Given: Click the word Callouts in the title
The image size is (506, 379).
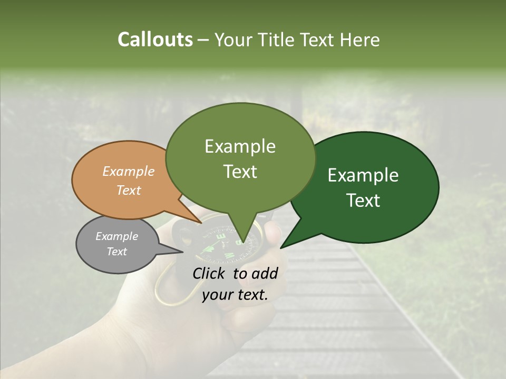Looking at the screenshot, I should pyautogui.click(x=155, y=39).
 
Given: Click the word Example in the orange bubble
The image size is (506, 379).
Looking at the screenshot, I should pyautogui.click(x=129, y=172).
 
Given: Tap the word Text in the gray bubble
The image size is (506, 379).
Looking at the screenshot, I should pyautogui.click(x=117, y=252).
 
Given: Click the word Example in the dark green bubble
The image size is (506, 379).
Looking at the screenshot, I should pyautogui.click(x=363, y=175).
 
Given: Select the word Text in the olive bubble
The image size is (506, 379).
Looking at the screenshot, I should pyautogui.click(x=240, y=172).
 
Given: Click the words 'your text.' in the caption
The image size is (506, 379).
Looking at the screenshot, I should pyautogui.click(x=235, y=295).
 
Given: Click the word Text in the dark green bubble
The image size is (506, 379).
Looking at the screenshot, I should pyautogui.click(x=364, y=201).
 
